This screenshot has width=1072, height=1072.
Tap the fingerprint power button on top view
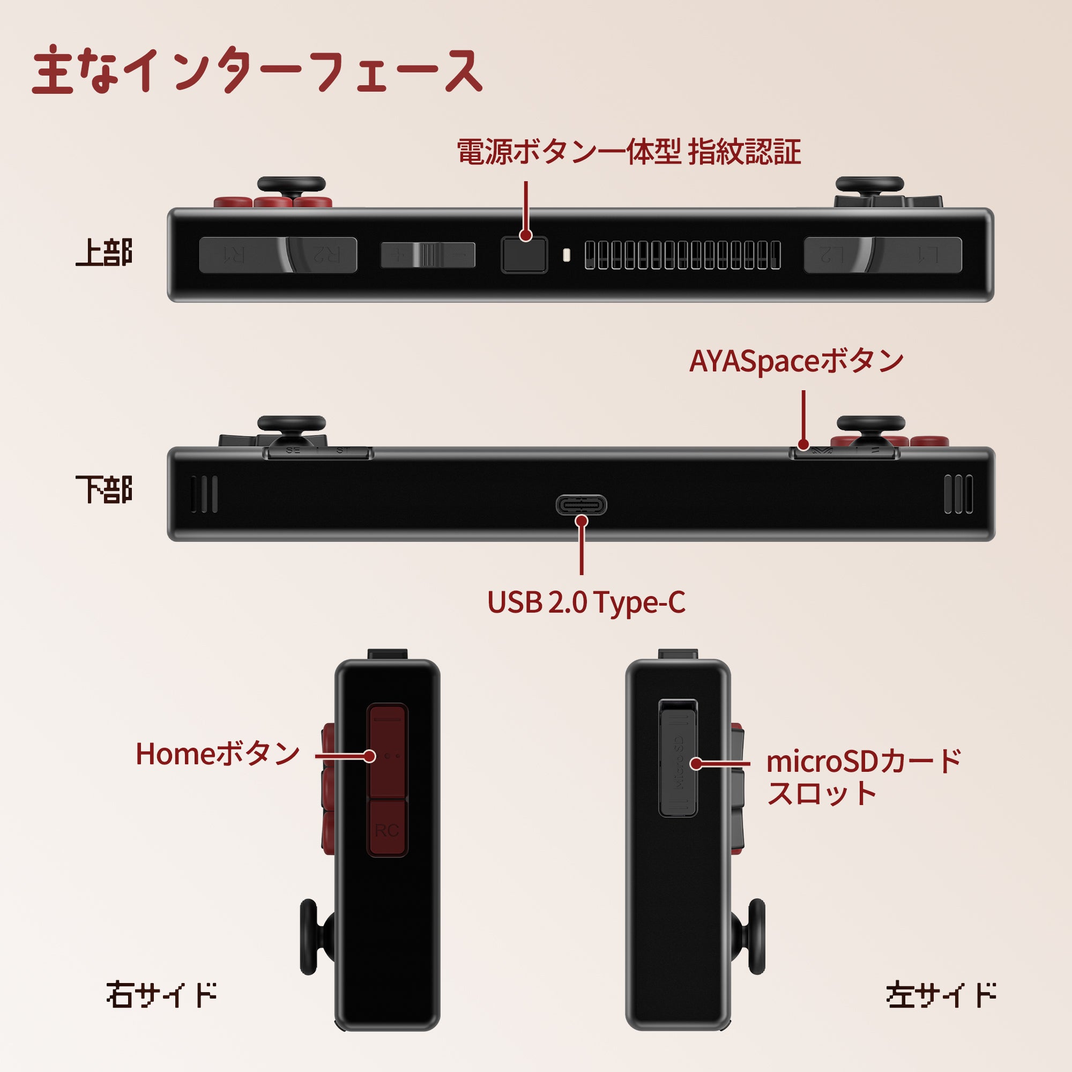[x=524, y=255]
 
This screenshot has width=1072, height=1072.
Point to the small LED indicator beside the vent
[x=566, y=255]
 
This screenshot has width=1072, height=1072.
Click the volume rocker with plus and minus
[x=428, y=255]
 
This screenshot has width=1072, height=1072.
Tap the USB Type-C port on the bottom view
[x=581, y=504]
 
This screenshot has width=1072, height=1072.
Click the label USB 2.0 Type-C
[x=586, y=602]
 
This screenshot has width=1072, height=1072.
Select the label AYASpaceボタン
[x=796, y=361]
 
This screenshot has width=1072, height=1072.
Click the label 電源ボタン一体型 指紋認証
[x=629, y=152]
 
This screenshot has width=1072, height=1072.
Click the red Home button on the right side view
[x=388, y=752]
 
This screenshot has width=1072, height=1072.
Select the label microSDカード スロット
[x=863, y=777]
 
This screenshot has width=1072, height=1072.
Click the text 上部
[x=104, y=253]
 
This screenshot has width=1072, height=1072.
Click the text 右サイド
[x=161, y=994]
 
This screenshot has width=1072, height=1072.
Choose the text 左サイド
[x=941, y=994]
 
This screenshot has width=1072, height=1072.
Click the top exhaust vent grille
[x=682, y=255]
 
